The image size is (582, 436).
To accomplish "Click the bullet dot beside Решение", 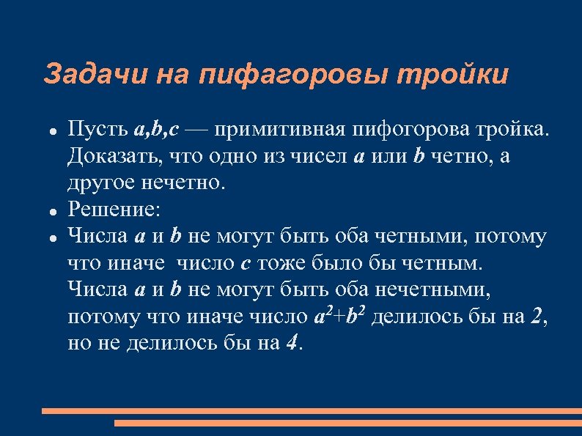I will tap(54, 211).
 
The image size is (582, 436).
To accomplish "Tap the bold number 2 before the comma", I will tap(538, 316).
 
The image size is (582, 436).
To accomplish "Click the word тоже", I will tap(276, 263).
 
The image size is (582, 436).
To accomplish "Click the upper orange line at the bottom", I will tap(311, 411).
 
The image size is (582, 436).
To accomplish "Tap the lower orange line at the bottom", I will tap(347, 423).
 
